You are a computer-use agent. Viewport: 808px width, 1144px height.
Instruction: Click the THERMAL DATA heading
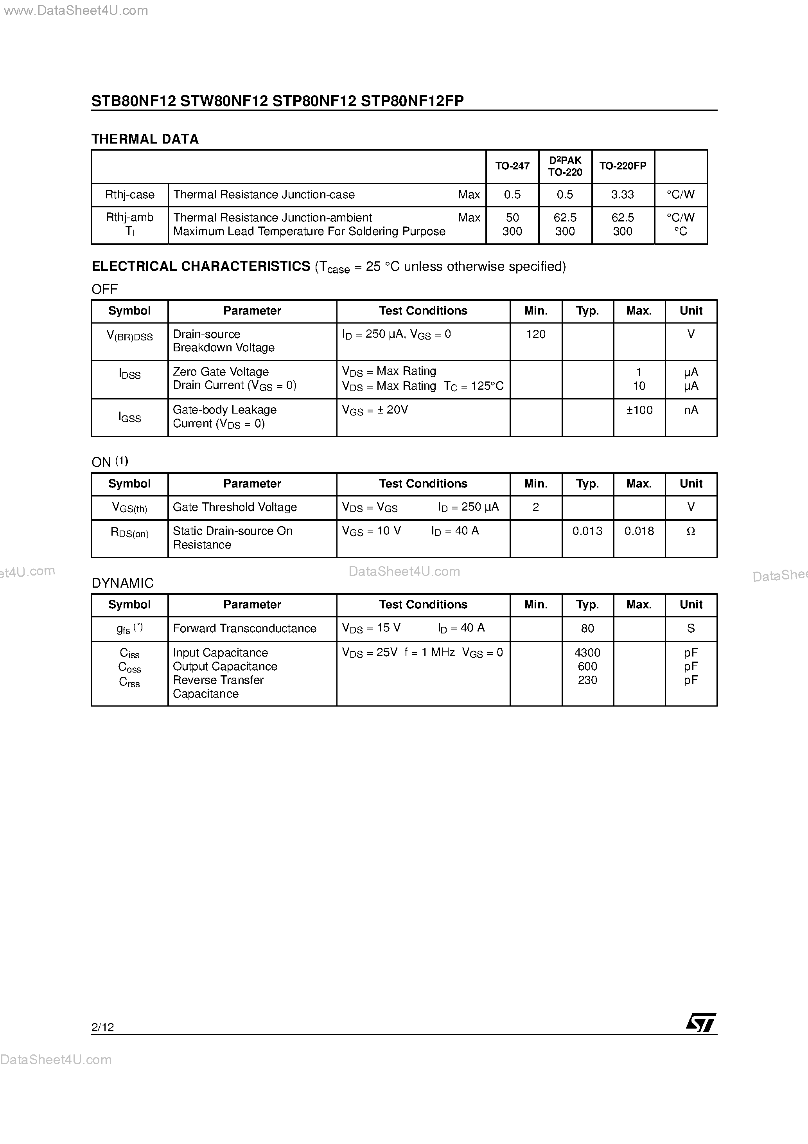(145, 139)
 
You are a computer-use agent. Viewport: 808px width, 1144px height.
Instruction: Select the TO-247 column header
(512, 166)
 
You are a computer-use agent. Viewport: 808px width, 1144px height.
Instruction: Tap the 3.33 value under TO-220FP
(622, 194)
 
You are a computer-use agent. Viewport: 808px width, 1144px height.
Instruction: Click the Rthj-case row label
(129, 194)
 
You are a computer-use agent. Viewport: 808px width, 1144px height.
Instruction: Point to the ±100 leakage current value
(639, 410)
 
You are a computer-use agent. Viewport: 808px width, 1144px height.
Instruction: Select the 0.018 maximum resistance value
(639, 531)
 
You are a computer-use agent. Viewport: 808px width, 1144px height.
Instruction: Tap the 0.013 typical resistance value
(587, 531)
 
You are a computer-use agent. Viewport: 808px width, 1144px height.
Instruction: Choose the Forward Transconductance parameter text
(244, 628)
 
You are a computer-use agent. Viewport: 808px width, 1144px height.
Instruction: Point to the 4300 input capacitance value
(587, 653)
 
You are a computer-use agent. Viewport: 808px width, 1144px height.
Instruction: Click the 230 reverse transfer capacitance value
(587, 680)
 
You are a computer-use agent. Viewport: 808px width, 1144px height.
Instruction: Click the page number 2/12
(102, 1027)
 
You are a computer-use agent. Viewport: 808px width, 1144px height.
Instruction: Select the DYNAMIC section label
(122, 583)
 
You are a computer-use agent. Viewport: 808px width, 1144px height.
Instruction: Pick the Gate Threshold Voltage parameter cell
(235, 507)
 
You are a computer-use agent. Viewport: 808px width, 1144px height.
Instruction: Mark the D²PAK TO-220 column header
(565, 166)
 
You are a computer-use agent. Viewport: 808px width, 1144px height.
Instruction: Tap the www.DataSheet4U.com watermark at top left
(75, 11)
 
